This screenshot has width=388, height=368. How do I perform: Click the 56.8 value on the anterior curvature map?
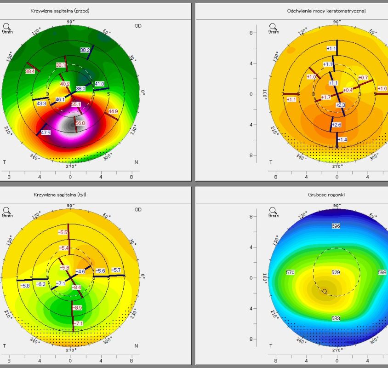click(80, 123)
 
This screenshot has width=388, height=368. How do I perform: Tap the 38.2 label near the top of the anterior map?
click(85, 50)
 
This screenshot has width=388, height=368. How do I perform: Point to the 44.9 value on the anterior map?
click(113, 111)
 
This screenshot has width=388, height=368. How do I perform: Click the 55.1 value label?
click(76, 105)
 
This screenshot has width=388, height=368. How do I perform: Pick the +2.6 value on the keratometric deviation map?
click(337, 125)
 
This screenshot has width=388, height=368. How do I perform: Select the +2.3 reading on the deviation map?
click(340, 105)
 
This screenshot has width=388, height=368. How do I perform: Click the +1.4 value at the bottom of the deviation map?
click(342, 139)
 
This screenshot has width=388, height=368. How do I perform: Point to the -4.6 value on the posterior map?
click(80, 272)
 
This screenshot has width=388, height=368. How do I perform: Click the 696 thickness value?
click(336, 226)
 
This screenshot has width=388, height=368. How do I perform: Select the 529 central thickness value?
click(336, 273)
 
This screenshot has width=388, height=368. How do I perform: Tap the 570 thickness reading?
click(290, 273)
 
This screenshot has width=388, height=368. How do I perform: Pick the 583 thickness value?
click(336, 318)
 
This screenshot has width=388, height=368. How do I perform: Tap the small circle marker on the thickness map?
click(325, 291)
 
